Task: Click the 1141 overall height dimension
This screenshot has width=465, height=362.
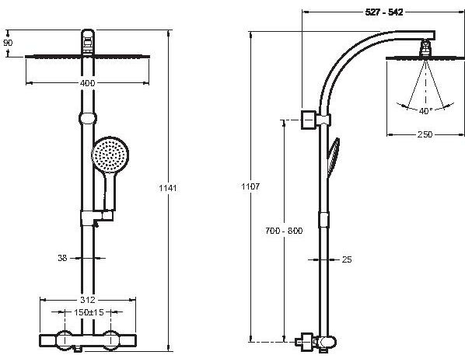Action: coord(168,188)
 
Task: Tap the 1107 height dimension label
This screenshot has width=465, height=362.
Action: coord(250,186)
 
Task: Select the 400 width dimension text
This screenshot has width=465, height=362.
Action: coord(88,83)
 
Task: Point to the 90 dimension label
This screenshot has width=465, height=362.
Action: coord(8,43)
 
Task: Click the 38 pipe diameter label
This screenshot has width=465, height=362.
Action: coord(62,258)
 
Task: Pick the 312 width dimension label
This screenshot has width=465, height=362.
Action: coord(88,300)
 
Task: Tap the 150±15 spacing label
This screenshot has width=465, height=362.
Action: coord(89,312)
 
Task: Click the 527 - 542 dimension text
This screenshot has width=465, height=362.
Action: coord(384,12)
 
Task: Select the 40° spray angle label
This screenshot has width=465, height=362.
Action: coord(425,111)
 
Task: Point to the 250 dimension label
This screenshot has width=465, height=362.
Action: coord(425,134)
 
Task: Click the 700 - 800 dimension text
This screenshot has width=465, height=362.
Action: coord(284,231)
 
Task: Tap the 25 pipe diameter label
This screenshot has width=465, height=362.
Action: coord(347,259)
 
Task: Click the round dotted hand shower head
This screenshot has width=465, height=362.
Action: coord(110,155)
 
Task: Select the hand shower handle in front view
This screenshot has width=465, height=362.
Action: coord(110,191)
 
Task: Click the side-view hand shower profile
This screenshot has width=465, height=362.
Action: coord(334,158)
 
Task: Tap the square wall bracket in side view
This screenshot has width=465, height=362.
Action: coord(309,120)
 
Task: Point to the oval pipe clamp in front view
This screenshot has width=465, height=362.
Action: coord(88,118)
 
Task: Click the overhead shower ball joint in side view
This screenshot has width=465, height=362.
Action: coord(425,47)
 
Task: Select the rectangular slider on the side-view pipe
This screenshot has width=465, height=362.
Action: coord(323,220)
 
